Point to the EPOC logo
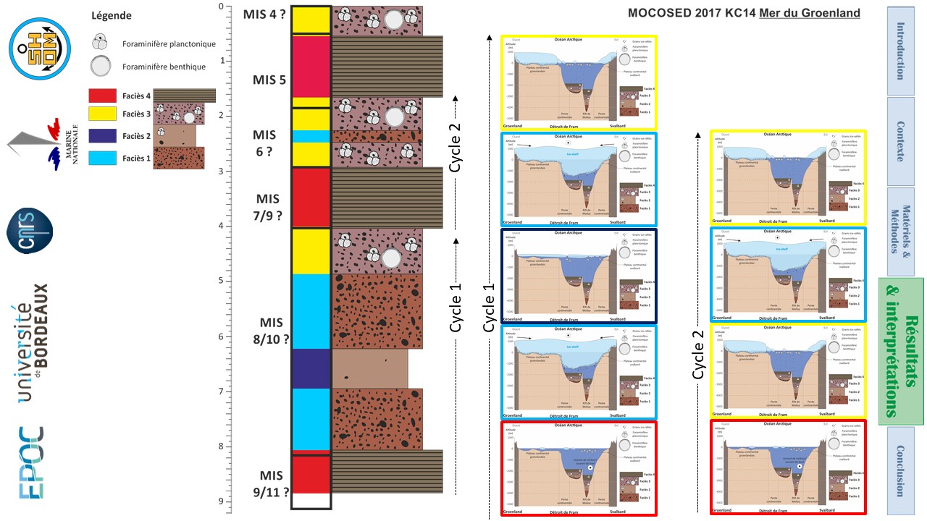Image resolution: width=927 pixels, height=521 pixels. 31,463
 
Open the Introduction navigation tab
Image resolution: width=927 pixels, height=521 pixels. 899,51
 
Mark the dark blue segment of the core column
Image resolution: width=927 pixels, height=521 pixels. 311,368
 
